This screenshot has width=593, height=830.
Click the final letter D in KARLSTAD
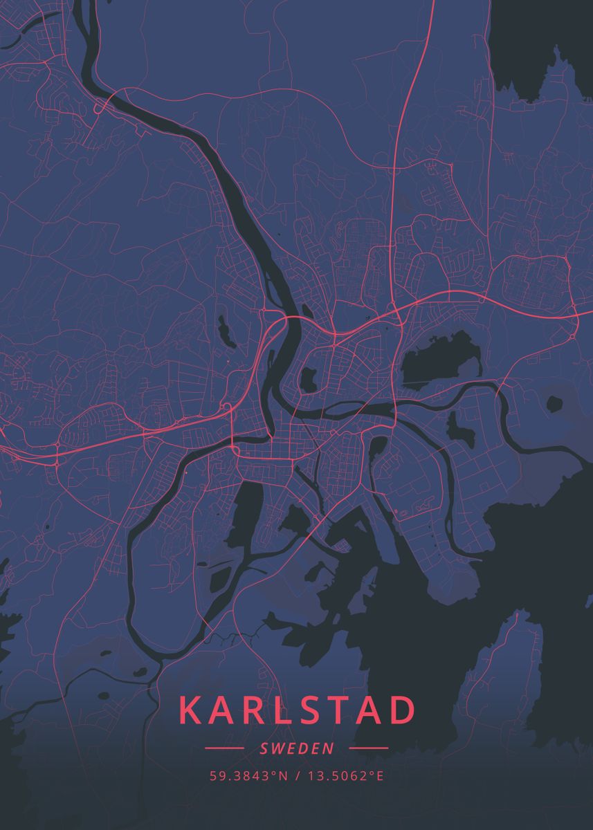401,711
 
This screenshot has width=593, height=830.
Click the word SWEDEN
297,748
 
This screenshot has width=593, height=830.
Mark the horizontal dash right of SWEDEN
369,748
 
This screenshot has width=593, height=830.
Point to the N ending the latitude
283,776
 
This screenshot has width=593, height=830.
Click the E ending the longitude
379,776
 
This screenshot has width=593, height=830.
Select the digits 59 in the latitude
216,776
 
